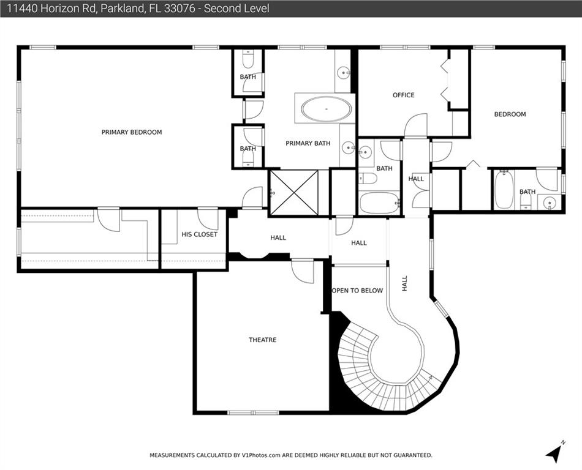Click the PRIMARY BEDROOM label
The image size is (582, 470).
(132, 132)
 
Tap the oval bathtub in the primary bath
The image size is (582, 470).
(327, 109)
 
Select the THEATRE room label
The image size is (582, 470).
(262, 340)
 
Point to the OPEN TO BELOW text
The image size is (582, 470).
(357, 291)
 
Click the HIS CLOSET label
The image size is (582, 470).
(199, 234)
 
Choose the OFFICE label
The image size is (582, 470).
(404, 95)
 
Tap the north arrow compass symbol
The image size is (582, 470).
(554, 452)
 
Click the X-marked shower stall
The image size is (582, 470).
(294, 192)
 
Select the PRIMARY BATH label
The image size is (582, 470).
(308, 143)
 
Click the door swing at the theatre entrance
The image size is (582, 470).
(303, 272)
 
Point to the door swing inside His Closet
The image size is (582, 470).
(208, 220)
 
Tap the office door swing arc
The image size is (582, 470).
(416, 125)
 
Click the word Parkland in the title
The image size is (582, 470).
(122, 8)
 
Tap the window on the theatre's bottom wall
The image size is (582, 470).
(253, 412)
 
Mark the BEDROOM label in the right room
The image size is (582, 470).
(510, 114)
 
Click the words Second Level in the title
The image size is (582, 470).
(236, 8)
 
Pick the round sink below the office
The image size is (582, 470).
(366, 151)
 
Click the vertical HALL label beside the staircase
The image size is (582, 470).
(404, 283)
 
